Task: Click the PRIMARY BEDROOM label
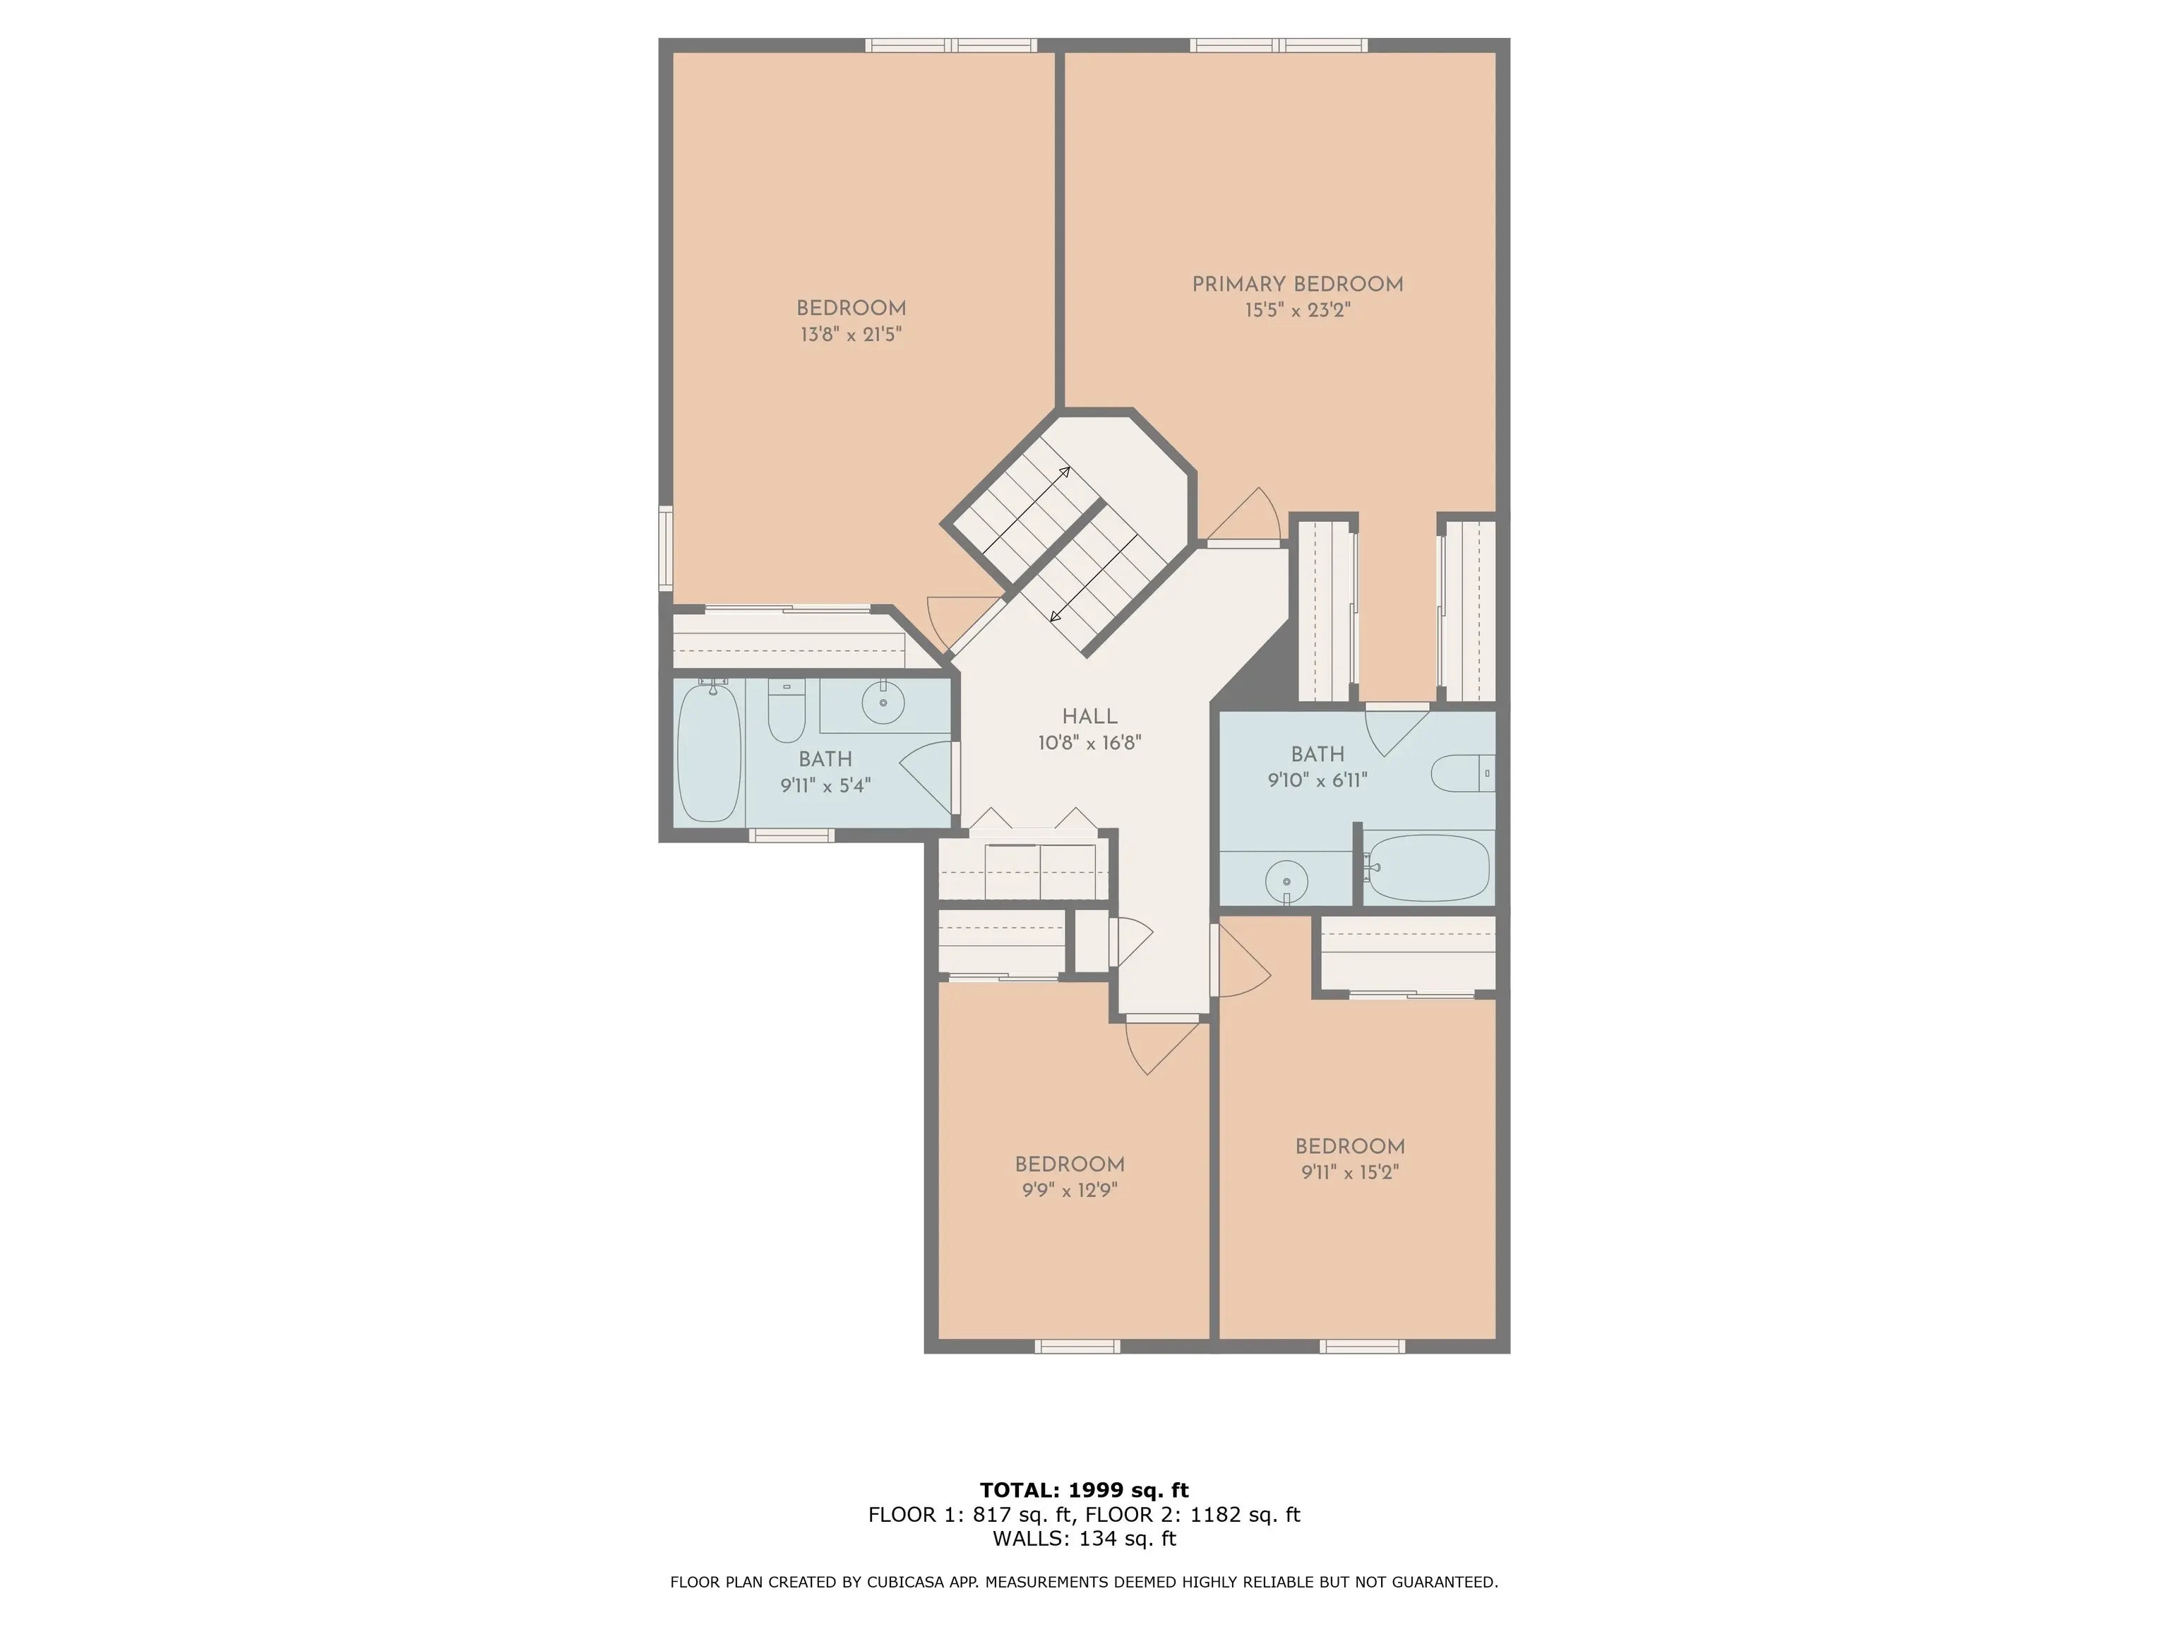1297,285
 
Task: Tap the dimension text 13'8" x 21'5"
850,335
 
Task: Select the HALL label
1089,717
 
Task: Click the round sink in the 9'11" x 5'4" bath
883,702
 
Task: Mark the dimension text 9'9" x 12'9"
1069,1191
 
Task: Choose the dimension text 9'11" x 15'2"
1349,1172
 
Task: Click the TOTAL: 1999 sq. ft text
1084,1490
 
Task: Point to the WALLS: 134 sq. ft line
1084,1539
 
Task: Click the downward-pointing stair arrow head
1055,617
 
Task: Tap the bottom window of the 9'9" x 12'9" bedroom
1077,1347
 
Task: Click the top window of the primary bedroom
1279,45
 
